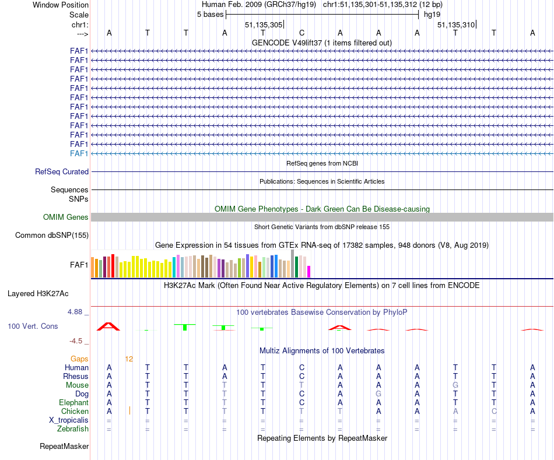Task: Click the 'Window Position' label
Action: [61, 5]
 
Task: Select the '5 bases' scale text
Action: [210, 14]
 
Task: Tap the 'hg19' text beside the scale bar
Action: [432, 14]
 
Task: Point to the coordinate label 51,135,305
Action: [264, 24]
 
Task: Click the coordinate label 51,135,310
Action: [456, 24]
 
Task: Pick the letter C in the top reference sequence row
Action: [301, 33]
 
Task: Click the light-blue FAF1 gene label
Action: [79, 153]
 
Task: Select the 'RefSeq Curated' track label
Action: [62, 172]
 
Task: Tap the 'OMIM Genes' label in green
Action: [66, 217]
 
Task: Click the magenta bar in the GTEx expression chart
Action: [309, 272]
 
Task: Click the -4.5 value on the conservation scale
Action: [78, 341]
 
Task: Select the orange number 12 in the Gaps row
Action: [129, 359]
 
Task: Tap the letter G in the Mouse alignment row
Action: [455, 385]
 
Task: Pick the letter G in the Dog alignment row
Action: [378, 394]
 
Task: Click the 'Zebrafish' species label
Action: [73, 429]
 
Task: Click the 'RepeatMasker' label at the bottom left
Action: [64, 447]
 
